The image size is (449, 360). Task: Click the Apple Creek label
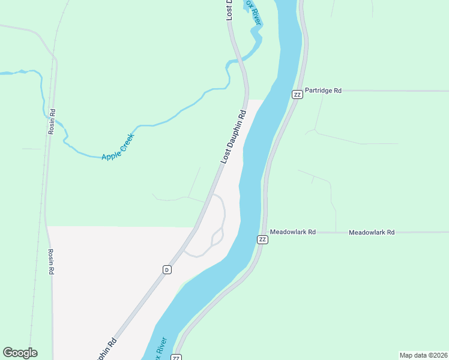[x=117, y=147]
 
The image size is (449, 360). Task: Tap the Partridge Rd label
[x=323, y=91]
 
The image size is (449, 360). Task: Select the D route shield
[x=166, y=269]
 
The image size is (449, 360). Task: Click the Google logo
[x=20, y=353]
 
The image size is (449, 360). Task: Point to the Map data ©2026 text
[x=423, y=355]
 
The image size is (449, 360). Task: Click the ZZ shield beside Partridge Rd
[x=297, y=94]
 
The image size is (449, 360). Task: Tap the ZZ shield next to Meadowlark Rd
[x=262, y=239]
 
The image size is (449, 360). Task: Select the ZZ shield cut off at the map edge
[x=176, y=357]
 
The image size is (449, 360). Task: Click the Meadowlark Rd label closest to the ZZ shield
[x=292, y=232]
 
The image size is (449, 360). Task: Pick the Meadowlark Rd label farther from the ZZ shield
[x=372, y=232]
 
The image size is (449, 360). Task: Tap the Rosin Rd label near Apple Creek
[x=53, y=121]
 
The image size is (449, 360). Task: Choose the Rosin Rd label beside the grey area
[x=52, y=262]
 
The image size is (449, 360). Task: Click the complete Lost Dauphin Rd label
[x=234, y=137]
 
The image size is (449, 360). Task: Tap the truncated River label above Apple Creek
[x=255, y=13]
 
